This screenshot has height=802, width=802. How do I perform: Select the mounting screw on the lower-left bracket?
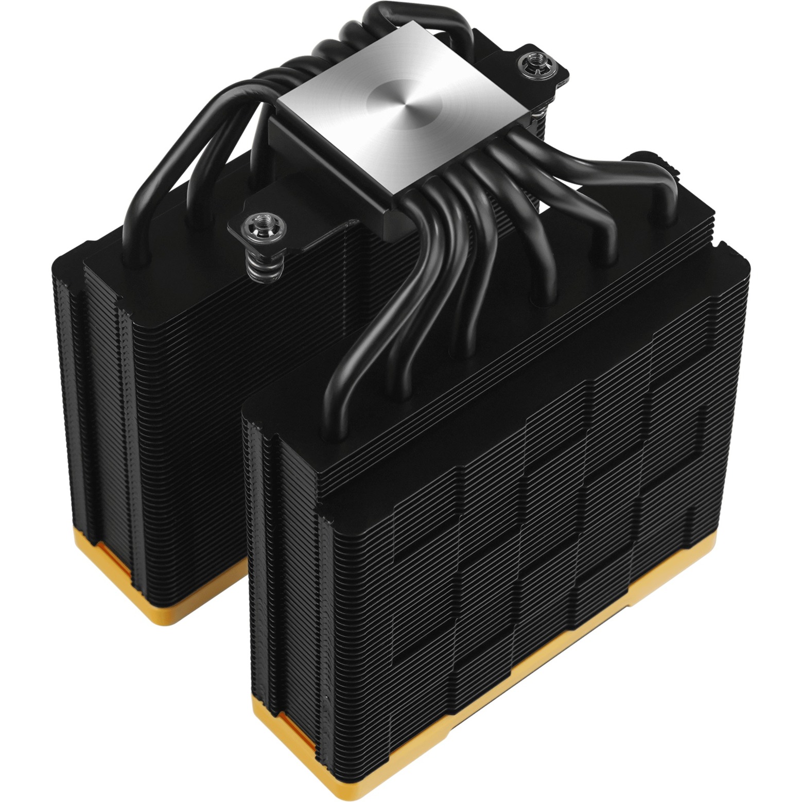[x=255, y=224]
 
